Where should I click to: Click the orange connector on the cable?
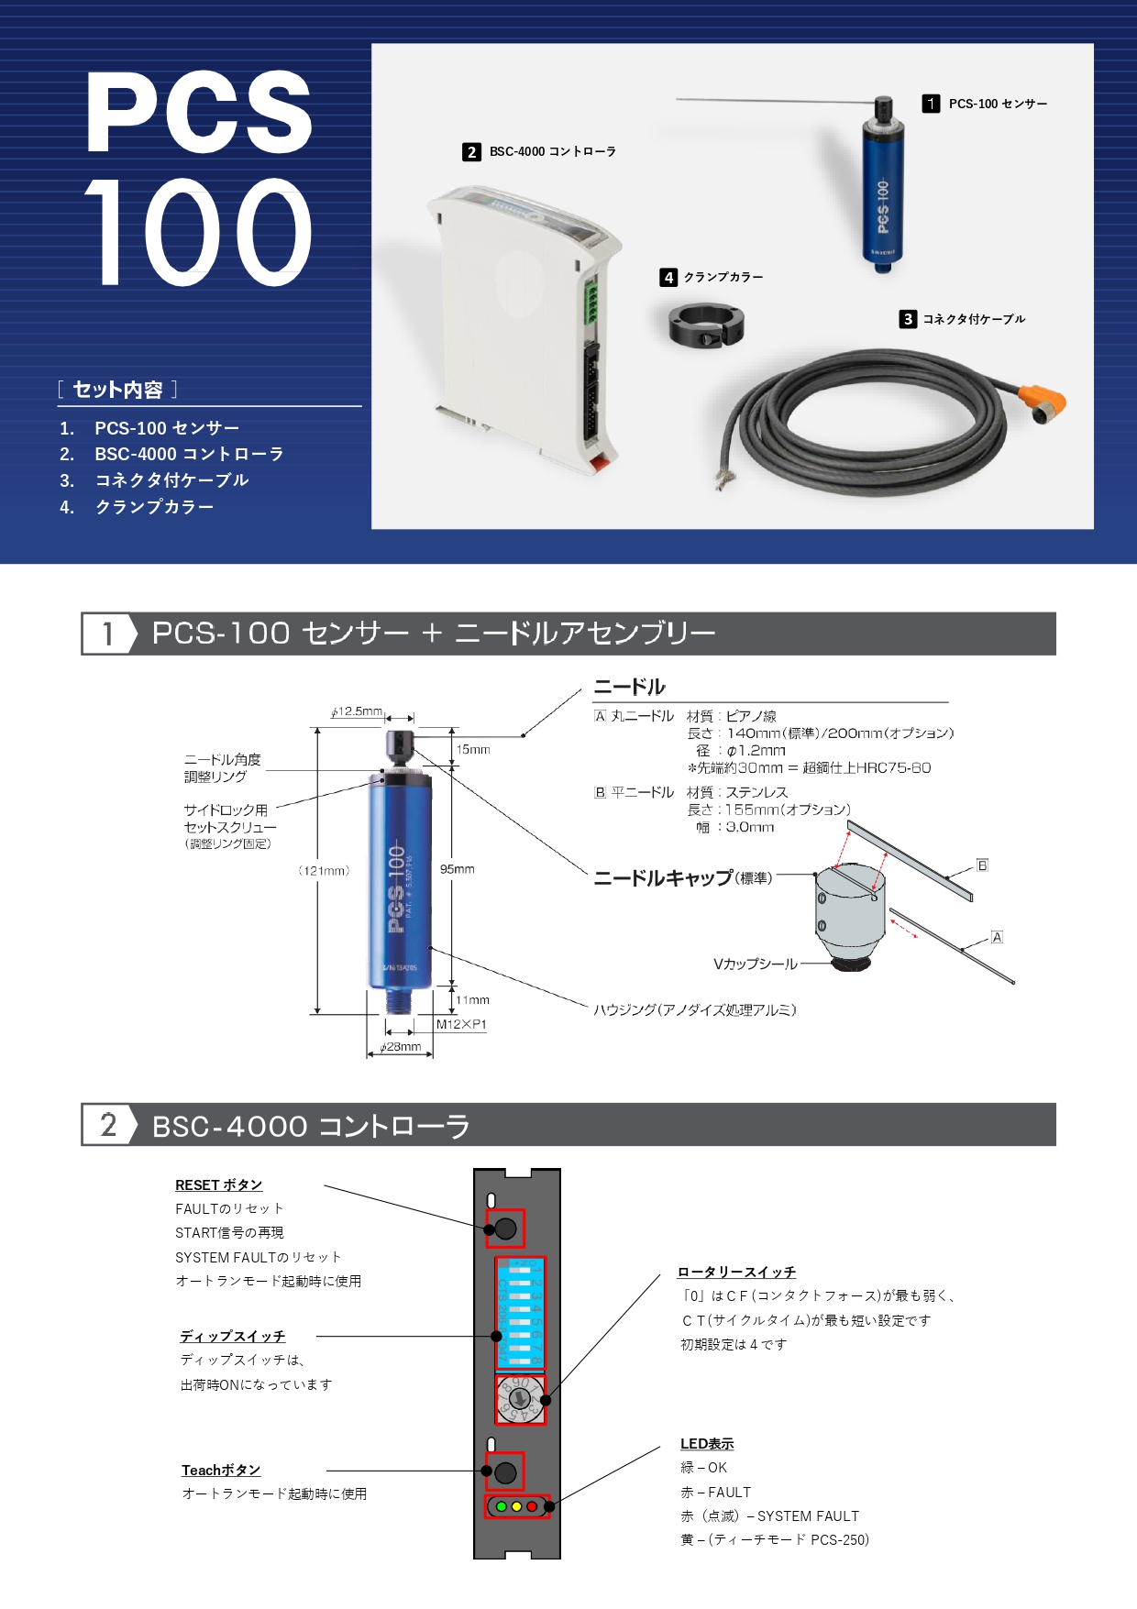click(1043, 400)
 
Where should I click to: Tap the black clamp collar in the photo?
click(706, 326)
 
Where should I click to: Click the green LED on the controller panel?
click(502, 1506)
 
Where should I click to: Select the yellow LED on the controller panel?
click(516, 1506)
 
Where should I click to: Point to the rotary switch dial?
click(520, 1399)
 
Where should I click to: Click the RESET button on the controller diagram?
click(505, 1229)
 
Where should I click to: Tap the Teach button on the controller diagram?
click(505, 1472)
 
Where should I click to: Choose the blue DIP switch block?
click(520, 1313)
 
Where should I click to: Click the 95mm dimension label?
click(458, 869)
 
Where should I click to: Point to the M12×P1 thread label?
click(461, 1024)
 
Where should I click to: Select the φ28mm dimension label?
click(401, 1047)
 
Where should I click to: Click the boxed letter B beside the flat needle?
click(982, 865)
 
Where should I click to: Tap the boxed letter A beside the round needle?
click(997, 937)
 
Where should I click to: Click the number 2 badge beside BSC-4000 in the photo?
click(471, 152)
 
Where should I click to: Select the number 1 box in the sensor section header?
click(108, 634)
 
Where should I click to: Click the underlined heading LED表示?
click(707, 1444)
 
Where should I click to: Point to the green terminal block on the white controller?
click(591, 303)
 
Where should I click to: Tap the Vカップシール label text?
click(755, 964)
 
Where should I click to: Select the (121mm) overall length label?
click(324, 871)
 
